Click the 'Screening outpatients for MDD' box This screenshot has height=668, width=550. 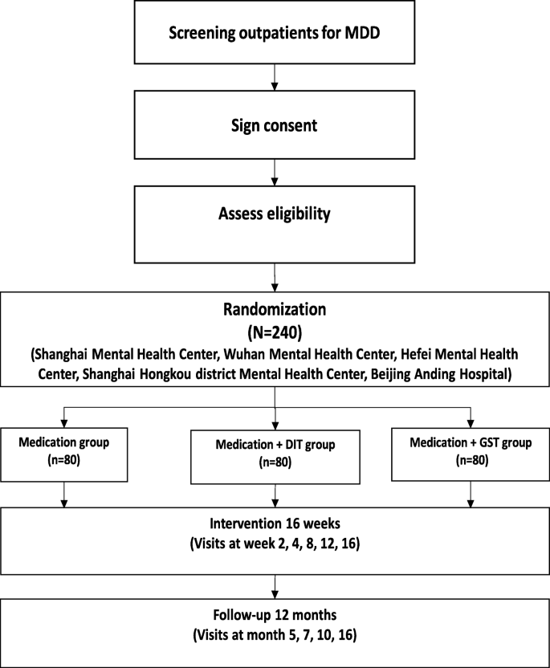coord(275,32)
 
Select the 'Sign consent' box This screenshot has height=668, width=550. coord(275,126)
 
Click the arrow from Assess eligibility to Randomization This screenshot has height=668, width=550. coord(275,281)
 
